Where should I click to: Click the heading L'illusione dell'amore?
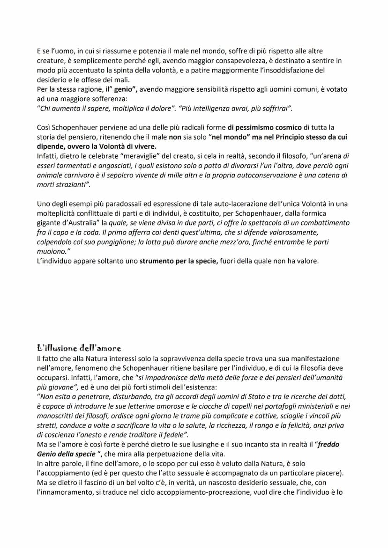pyautogui.click(x=79, y=348)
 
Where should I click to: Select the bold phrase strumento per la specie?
pyautogui.click(x=179, y=261)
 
